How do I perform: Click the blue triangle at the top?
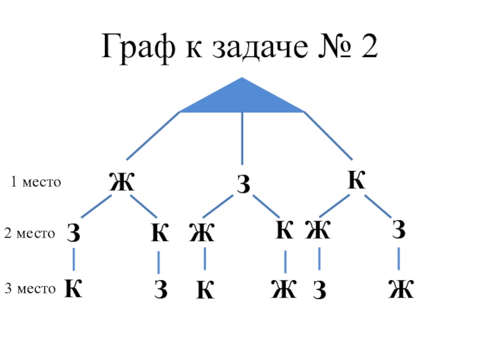click(x=242, y=100)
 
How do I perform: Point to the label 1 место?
click(x=36, y=182)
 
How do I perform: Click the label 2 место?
click(x=29, y=233)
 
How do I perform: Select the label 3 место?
click(x=30, y=289)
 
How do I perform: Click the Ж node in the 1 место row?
click(x=121, y=182)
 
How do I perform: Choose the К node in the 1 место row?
click(x=356, y=181)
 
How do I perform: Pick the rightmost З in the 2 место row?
click(x=399, y=230)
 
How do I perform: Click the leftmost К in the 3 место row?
click(x=73, y=289)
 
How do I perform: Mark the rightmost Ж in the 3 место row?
click(x=400, y=290)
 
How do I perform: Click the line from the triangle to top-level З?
click(x=242, y=138)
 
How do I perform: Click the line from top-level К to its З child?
click(x=379, y=206)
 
